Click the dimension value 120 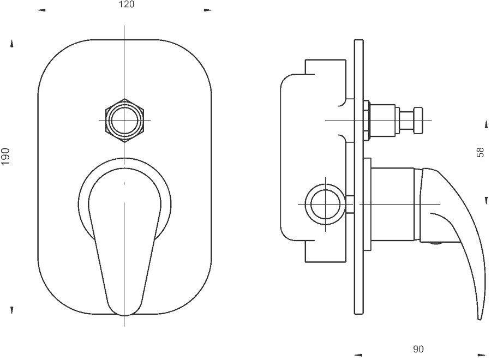tap(127, 4)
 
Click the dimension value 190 tap(5, 156)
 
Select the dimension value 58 tap(480, 152)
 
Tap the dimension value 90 tap(418, 349)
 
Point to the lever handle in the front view tap(124, 241)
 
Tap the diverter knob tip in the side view tap(418, 120)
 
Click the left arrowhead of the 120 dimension tap(41, 10)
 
